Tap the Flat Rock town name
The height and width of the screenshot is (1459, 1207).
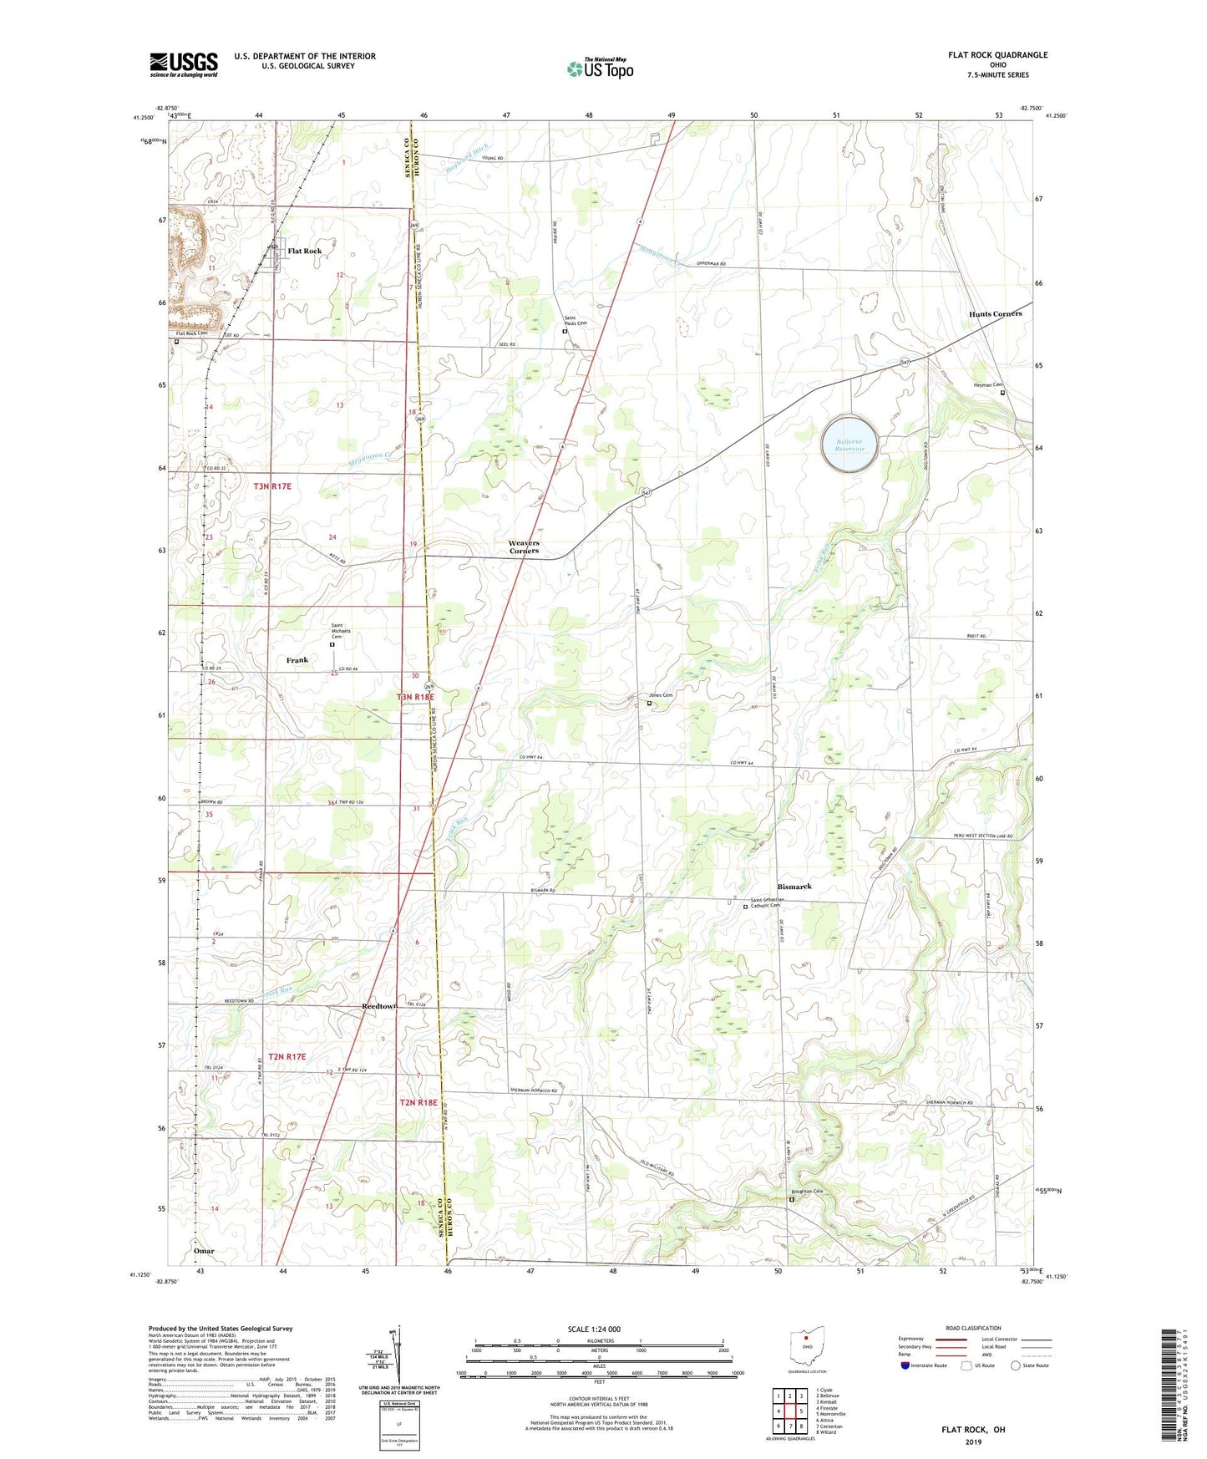click(x=304, y=251)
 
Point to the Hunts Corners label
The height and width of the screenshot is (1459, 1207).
click(x=995, y=313)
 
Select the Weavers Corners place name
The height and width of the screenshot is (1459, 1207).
click(x=524, y=546)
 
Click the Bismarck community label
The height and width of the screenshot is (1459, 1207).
click(x=794, y=886)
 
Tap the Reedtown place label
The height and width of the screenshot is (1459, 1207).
click(x=379, y=1006)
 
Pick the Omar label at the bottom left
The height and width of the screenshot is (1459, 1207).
click(x=204, y=1251)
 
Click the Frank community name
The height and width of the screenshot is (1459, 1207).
click(x=297, y=660)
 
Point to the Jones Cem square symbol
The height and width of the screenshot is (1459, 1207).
click(x=650, y=703)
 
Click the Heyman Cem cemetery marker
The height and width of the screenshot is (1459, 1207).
click(x=1003, y=392)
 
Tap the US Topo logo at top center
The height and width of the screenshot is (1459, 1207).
click(x=600, y=69)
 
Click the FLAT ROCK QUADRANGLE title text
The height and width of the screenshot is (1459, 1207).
click(x=997, y=55)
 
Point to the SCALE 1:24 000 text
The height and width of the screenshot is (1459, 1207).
click(x=594, y=1329)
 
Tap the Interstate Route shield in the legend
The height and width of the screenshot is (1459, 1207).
click(x=905, y=1365)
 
